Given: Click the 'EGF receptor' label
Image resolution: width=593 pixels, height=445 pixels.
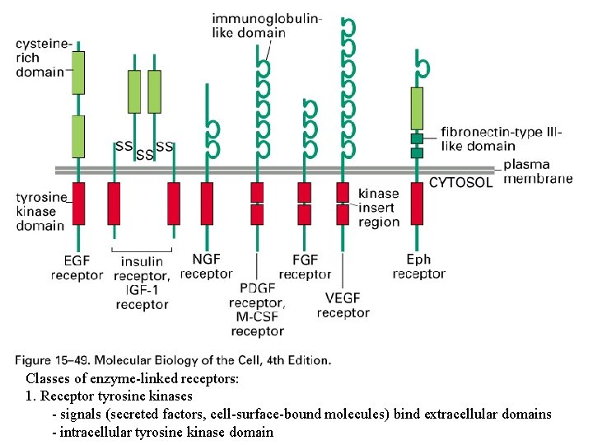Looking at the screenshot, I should (77, 268).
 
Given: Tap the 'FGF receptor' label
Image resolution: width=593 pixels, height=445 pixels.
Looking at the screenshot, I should (305, 267).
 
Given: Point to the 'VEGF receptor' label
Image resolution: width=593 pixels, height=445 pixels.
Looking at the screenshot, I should (343, 305).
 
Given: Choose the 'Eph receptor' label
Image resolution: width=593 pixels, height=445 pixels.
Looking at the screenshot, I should (418, 267).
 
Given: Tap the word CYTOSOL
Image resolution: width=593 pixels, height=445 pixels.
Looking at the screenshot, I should (461, 182).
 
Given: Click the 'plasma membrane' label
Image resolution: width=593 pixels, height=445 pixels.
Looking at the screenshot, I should (537, 171).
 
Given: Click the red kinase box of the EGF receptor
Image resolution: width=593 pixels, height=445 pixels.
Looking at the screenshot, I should (78, 203).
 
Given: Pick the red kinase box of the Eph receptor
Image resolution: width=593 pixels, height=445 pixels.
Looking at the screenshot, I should (418, 203).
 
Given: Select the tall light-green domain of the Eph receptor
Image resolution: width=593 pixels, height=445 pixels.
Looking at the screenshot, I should (418, 108).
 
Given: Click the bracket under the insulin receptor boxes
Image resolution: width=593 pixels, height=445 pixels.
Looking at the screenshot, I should (142, 248).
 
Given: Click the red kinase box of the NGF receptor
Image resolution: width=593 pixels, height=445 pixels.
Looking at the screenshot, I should (206, 203).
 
